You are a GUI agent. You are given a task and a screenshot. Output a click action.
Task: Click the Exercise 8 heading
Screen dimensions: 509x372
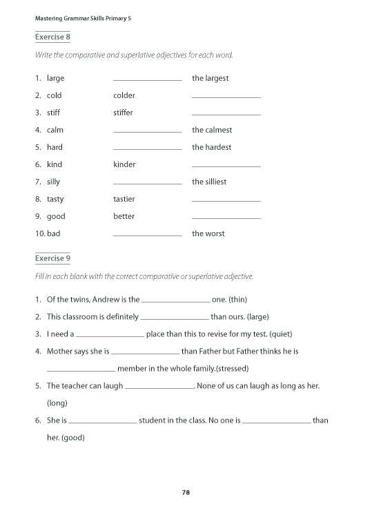click(52, 37)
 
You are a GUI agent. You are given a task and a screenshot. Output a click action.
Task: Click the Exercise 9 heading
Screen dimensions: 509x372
click(52, 258)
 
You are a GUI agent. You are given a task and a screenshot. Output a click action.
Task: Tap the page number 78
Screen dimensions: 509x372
click(186, 492)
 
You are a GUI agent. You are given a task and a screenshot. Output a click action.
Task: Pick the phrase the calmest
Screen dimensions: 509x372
click(212, 130)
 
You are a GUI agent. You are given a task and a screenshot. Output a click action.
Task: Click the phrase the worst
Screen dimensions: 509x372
click(208, 233)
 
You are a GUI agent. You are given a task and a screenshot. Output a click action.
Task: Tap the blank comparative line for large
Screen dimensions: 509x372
click(147, 80)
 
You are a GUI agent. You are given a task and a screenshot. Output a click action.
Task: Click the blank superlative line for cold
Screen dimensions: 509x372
click(226, 97)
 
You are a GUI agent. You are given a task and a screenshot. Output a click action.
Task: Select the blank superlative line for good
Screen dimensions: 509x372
click(226, 218)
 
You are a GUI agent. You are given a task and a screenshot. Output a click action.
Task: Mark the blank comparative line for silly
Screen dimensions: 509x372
click(147, 184)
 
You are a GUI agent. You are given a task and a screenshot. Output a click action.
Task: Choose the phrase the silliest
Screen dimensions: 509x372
click(209, 182)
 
